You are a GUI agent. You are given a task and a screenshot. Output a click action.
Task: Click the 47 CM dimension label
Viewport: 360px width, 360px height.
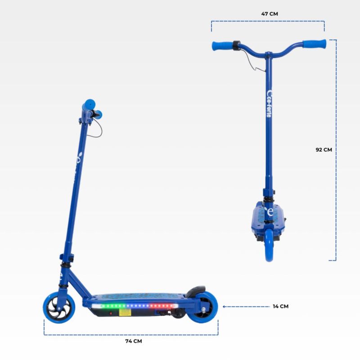pos(270,14)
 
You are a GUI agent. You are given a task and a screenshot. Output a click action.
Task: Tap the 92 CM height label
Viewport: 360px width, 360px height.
pos(324,150)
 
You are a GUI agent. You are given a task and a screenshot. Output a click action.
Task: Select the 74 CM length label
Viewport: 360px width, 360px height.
pos(134,341)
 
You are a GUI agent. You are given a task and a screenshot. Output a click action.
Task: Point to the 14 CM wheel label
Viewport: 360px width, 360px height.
pos(280,306)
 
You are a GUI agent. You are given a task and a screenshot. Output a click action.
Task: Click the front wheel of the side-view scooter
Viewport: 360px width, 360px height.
pos(59,308)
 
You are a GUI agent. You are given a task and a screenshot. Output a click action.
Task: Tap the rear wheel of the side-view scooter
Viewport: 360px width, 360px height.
pos(203,307)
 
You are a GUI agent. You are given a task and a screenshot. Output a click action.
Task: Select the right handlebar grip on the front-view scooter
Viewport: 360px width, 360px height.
pos(314,44)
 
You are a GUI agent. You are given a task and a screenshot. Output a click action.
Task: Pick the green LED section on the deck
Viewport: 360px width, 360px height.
pos(113,306)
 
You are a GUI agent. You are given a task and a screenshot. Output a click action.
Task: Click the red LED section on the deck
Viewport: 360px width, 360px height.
pos(161,306)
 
